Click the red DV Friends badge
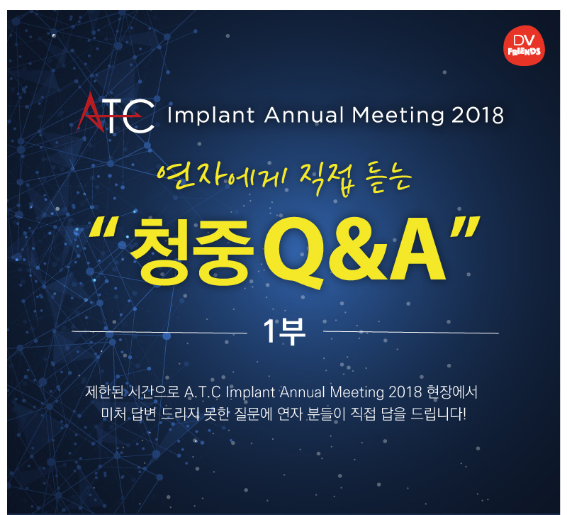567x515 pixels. pos(524,45)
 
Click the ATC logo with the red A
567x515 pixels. pos(116,113)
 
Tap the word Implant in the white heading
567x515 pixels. pos(210,116)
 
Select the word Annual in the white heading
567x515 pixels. pos(304,116)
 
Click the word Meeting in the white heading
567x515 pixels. pos(398,116)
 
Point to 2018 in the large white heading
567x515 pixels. pos(477,116)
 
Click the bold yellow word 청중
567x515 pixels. pos(192,251)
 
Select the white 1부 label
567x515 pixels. pos(284,331)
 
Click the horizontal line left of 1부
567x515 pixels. pos(159,332)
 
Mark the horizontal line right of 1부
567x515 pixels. pos(411,332)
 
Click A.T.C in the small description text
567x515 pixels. pos(202,393)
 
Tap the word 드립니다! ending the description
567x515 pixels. pos(439,414)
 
